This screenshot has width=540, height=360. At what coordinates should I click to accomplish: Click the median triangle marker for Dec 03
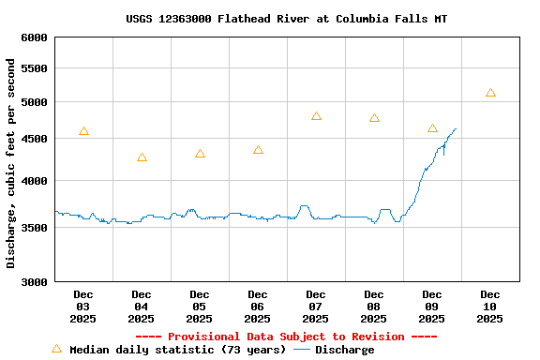[83, 131]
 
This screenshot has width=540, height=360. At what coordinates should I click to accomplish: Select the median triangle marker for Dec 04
[142, 157]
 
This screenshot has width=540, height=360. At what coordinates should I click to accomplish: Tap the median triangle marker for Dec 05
[200, 154]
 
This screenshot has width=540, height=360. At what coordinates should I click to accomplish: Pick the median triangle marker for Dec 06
[258, 150]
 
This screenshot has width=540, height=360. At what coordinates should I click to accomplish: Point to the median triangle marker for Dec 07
[316, 116]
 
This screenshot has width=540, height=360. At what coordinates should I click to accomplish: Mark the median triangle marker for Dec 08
[374, 118]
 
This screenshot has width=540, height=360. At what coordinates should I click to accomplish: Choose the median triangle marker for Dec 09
[432, 128]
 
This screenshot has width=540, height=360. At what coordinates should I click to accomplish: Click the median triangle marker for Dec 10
[490, 93]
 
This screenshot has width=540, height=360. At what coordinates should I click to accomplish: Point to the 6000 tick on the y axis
[33, 37]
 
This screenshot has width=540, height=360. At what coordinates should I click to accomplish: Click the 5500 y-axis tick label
[33, 68]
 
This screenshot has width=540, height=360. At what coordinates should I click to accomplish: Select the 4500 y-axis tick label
[33, 139]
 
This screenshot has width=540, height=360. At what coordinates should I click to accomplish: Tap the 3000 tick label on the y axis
[33, 281]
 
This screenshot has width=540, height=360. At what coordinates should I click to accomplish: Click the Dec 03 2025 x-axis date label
[83, 307]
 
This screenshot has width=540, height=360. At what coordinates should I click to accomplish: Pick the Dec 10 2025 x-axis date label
[490, 307]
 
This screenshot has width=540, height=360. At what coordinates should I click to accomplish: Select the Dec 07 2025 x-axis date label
[316, 307]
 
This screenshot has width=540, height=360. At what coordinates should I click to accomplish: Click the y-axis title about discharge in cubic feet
[11, 163]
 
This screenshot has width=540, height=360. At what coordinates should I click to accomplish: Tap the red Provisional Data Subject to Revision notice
[286, 337]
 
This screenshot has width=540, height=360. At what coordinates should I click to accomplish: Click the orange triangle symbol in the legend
[56, 349]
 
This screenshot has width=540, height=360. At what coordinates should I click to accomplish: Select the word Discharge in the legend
[344, 350]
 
